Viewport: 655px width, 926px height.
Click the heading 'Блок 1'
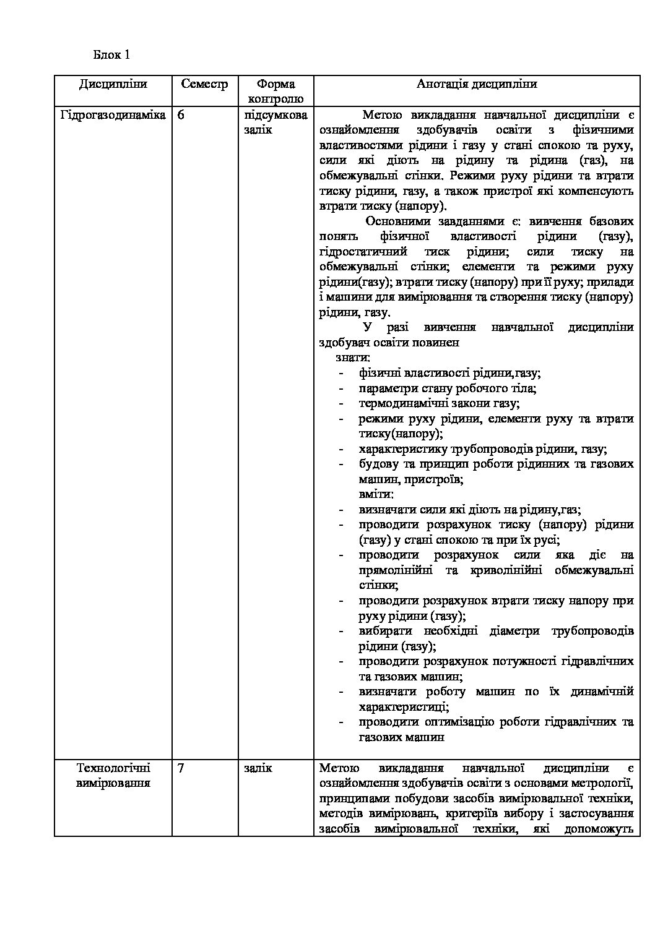111,54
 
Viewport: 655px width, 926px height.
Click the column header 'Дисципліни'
113,84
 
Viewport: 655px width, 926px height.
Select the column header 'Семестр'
204,84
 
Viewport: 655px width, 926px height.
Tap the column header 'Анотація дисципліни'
476,84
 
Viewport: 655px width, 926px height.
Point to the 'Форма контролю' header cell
275,91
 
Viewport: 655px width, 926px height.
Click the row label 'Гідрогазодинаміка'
113,115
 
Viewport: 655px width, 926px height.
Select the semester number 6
181,115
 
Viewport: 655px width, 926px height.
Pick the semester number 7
181,768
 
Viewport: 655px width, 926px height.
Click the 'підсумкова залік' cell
275,122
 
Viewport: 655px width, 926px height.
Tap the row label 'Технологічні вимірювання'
113,776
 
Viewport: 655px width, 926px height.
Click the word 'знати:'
353,358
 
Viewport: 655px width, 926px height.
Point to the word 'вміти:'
376,494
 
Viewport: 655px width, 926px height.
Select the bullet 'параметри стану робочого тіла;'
447,388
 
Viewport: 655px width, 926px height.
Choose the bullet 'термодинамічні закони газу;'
438,403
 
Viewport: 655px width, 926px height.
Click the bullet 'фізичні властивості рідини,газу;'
449,373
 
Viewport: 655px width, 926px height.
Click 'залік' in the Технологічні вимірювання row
258,768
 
